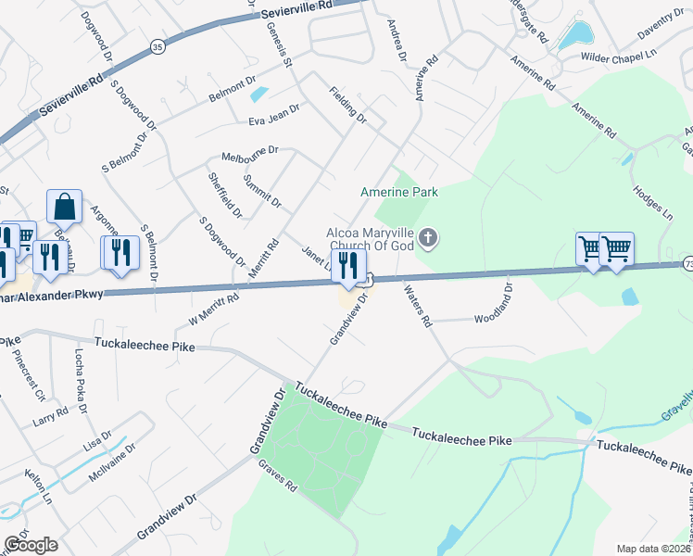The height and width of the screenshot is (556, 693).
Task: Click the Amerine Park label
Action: click(398, 192)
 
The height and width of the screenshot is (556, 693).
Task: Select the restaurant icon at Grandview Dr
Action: click(348, 265)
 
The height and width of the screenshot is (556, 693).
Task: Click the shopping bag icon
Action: click(64, 207)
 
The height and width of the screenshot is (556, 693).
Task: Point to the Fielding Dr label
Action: click(348, 106)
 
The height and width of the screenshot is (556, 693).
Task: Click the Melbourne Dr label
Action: click(249, 151)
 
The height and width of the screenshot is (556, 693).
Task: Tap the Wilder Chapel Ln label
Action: click(618, 57)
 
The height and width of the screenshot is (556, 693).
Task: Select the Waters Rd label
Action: click(418, 306)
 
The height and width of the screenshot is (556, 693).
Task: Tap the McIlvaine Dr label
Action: click(111, 460)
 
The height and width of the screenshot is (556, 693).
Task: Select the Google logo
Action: click(31, 545)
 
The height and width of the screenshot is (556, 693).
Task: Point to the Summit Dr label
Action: click(261, 190)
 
